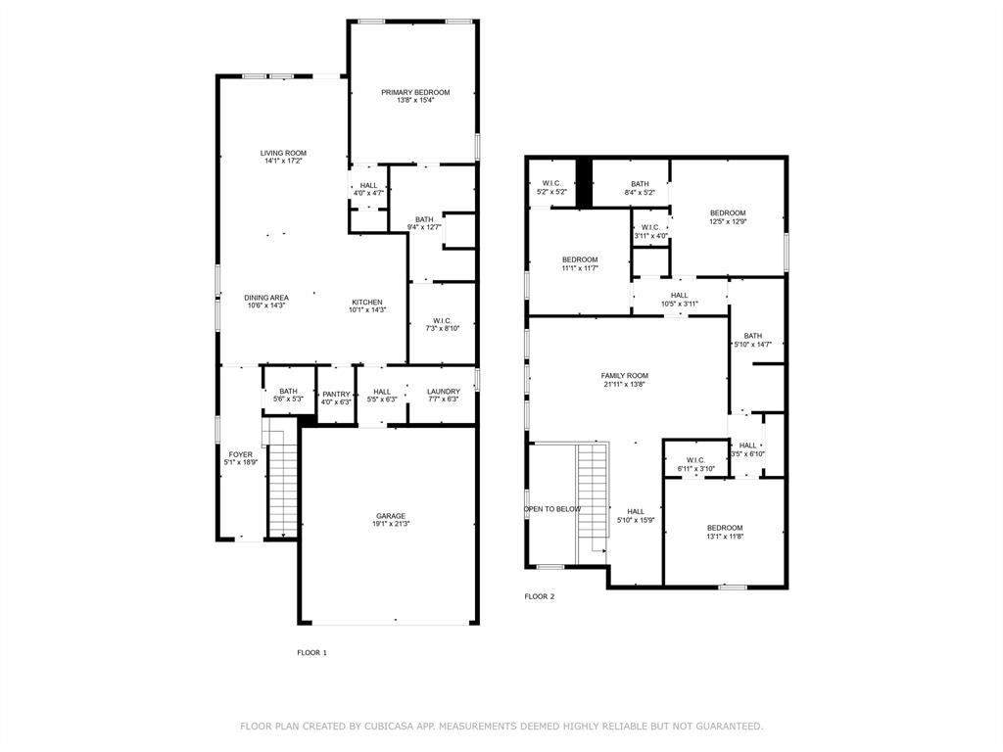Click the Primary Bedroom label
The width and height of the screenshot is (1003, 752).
click(415, 92)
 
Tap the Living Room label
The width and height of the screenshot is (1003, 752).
click(283, 153)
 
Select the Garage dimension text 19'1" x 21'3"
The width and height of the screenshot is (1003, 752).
click(391, 524)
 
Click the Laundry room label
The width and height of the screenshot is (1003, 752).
click(443, 392)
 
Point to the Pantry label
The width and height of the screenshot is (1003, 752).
click(336, 394)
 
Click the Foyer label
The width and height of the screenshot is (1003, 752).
click(240, 454)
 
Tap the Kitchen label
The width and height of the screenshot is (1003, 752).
click(367, 302)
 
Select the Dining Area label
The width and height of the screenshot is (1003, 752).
click(265, 298)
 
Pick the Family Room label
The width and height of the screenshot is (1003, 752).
click(624, 375)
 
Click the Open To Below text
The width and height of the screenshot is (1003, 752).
click(552, 509)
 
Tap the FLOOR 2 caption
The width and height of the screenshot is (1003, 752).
click(539, 596)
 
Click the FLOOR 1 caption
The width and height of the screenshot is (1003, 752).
click(311, 652)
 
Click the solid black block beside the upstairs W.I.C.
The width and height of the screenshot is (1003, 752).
click(584, 182)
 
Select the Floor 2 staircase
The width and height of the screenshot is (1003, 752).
click(592, 499)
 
